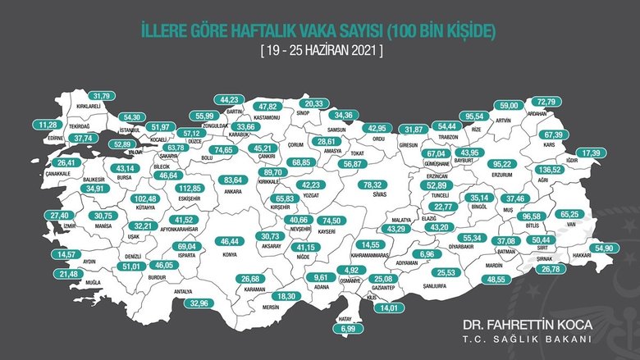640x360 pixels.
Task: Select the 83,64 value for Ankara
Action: coord(234,180)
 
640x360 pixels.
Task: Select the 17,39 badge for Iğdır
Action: coord(589,153)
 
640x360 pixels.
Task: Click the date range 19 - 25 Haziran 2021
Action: coord(320,51)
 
